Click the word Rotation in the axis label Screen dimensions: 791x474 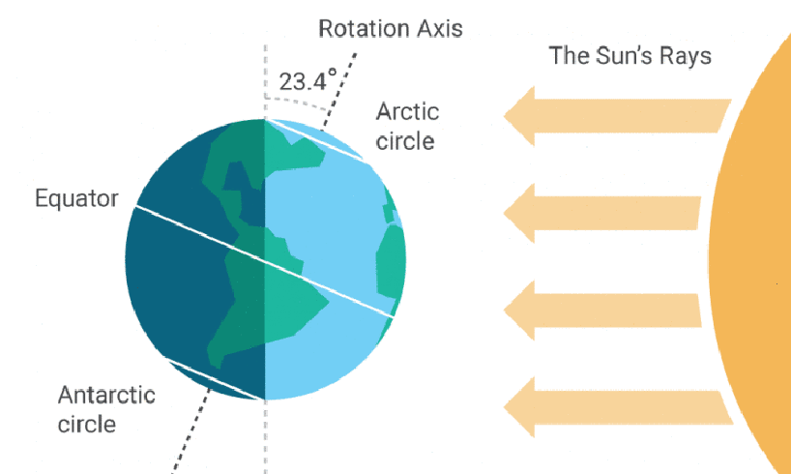pos(363,28)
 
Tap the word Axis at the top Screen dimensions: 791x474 pos(438,28)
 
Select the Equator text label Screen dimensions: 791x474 pos(76,199)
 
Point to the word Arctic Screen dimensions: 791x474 pos(408,111)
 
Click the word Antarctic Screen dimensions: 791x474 pos(106,395)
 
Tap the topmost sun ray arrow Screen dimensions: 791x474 pos(617,115)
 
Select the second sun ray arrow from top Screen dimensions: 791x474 pos(601,213)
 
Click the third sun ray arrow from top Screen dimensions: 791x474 pos(602,310)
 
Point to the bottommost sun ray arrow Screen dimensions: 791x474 pos(618,407)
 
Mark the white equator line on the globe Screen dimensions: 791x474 pos(264,261)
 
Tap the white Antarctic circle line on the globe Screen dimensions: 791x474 pos(215,378)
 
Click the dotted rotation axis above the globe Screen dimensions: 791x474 pos(339,91)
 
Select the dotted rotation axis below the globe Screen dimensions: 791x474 pos(191,430)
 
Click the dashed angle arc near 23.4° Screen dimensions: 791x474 pos(297,102)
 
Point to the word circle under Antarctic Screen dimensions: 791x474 pos(87,423)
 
